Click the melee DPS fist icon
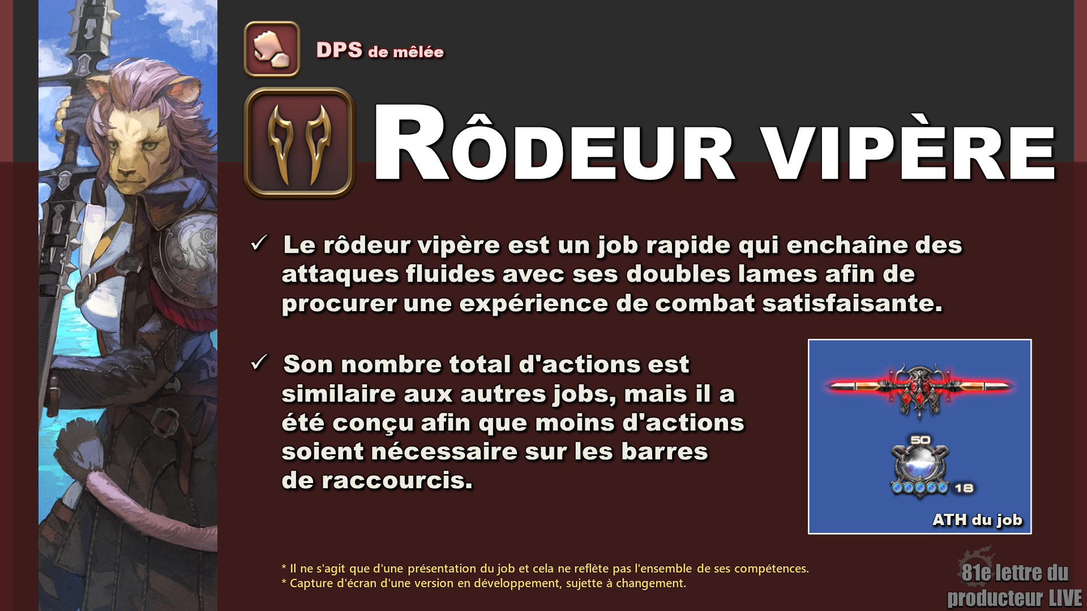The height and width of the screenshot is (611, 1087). pyautogui.click(x=272, y=49)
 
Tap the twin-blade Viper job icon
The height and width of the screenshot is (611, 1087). pyautogui.click(x=299, y=143)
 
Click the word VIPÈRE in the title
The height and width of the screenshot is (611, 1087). pyautogui.click(x=909, y=152)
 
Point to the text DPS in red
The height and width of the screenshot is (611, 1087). pyautogui.click(x=339, y=50)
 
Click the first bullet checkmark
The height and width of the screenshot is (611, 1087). pyautogui.click(x=259, y=243)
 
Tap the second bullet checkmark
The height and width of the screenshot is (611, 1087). pyautogui.click(x=259, y=362)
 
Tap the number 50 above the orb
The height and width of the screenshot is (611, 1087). pyautogui.click(x=920, y=440)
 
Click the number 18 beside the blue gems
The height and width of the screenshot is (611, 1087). pyautogui.click(x=964, y=488)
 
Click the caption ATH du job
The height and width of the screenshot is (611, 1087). pyautogui.click(x=977, y=519)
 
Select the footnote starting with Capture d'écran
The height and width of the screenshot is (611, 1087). pyautogui.click(x=483, y=583)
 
